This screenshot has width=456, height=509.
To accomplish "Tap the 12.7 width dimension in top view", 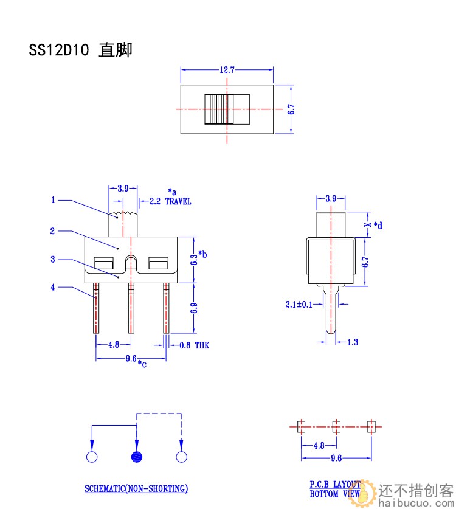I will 227,70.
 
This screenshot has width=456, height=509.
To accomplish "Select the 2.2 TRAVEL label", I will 170,202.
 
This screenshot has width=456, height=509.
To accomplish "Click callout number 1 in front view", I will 54,199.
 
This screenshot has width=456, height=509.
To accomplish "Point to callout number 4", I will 54,287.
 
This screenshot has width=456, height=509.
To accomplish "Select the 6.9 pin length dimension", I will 194,308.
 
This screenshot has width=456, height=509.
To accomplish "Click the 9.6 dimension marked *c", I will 132,359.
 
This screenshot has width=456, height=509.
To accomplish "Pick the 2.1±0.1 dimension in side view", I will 299,304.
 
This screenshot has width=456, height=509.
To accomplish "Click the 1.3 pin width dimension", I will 352,342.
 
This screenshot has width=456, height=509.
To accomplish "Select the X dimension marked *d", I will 368,224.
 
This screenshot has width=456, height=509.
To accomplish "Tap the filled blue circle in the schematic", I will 137,457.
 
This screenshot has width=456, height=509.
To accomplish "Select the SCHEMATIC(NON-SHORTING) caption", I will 136,488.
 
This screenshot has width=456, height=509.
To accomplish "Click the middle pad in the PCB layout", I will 336,426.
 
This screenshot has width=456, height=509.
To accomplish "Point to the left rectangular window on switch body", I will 103,264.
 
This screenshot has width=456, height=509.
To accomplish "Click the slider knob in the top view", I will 219,109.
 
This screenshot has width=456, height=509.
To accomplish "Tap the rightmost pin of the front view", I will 166,308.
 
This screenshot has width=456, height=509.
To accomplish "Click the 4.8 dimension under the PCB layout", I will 319,446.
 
